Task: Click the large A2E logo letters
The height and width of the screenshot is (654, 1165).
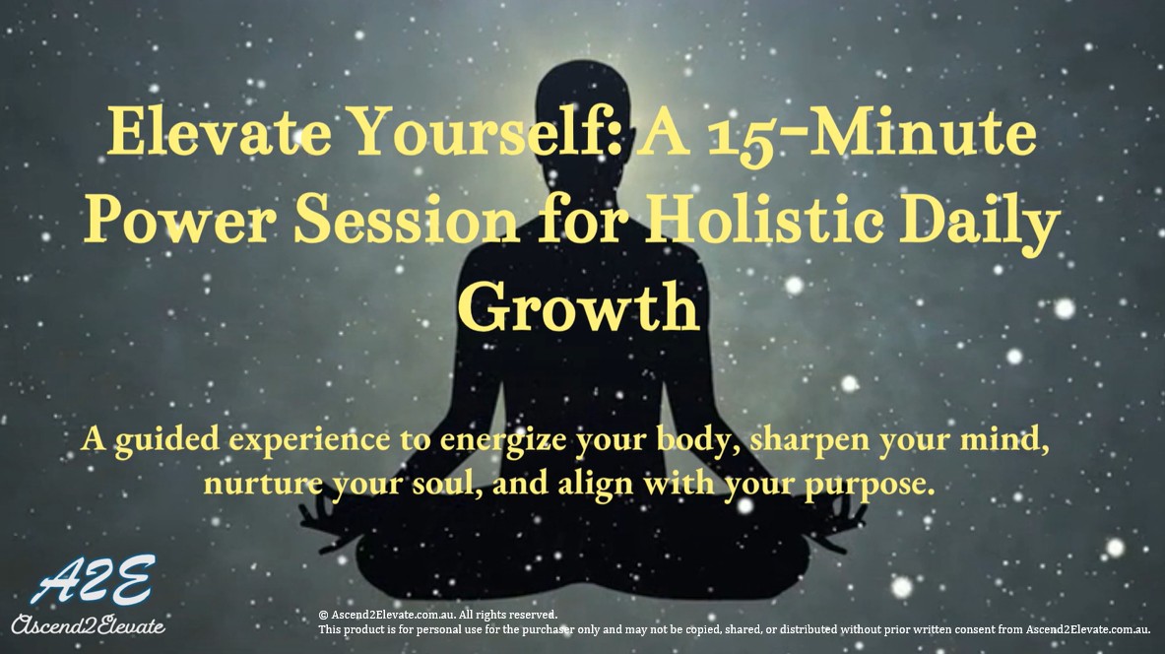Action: pos(91,582)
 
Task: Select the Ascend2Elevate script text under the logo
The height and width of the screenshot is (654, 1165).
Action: pos(88,623)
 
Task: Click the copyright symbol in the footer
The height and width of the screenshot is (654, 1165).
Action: pos(323,615)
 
